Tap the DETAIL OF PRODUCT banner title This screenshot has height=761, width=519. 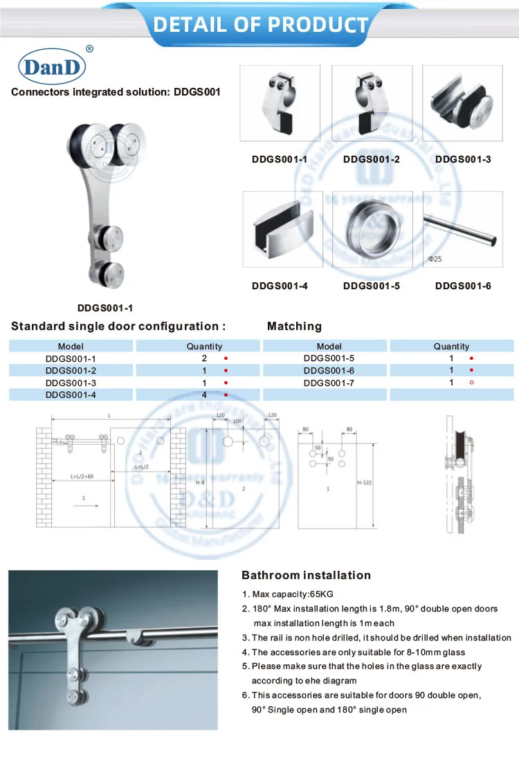(x=261, y=25)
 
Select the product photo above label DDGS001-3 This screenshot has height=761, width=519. (x=462, y=102)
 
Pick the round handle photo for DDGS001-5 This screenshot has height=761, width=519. (x=372, y=229)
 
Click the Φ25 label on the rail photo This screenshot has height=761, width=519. (x=435, y=259)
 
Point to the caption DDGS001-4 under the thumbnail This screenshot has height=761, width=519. (x=280, y=285)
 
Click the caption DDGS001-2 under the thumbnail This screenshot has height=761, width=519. (x=372, y=159)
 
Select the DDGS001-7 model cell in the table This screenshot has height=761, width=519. (x=329, y=383)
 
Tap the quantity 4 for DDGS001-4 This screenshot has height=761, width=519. (x=205, y=394)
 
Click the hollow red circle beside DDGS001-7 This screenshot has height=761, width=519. (x=471, y=382)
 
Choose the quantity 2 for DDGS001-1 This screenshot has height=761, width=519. (x=205, y=358)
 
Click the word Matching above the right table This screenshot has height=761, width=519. (x=294, y=326)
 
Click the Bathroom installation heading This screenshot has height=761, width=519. (x=306, y=576)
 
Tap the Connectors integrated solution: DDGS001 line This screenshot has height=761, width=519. (x=116, y=92)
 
